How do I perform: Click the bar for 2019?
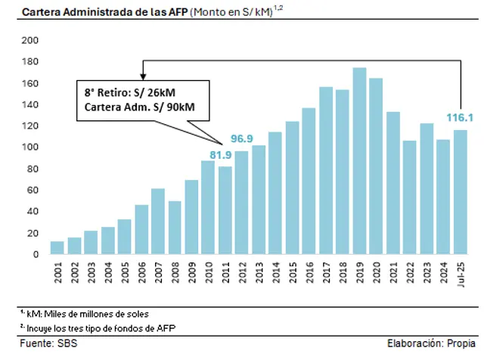click(x=360, y=162)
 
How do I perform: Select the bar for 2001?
click(x=57, y=248)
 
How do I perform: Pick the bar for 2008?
click(x=175, y=228)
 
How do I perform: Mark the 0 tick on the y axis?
click(x=35, y=255)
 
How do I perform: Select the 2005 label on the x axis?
click(x=123, y=275)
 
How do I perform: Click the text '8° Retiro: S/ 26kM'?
click(x=129, y=92)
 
